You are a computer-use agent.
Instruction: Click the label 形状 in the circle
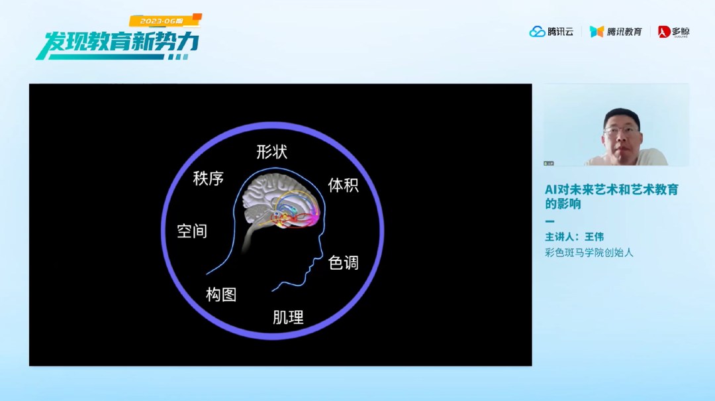(272, 152)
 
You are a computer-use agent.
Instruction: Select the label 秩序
(209, 178)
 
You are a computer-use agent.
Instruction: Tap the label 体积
(344, 185)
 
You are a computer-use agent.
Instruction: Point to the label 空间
(192, 231)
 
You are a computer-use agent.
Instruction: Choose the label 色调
(344, 262)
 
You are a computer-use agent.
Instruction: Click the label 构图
(221, 294)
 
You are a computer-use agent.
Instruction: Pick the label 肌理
(288, 317)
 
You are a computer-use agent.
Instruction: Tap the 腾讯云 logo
(551, 32)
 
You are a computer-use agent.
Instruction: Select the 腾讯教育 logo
(616, 32)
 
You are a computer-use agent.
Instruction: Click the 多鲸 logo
(673, 32)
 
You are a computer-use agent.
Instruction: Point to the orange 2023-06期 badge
(165, 21)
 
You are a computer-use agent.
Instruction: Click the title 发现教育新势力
(118, 44)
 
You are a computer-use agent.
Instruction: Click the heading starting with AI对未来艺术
(612, 196)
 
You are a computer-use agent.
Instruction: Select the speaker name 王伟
(594, 237)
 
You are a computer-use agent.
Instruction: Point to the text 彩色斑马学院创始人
(589, 253)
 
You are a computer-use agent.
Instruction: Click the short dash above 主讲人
(550, 221)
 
